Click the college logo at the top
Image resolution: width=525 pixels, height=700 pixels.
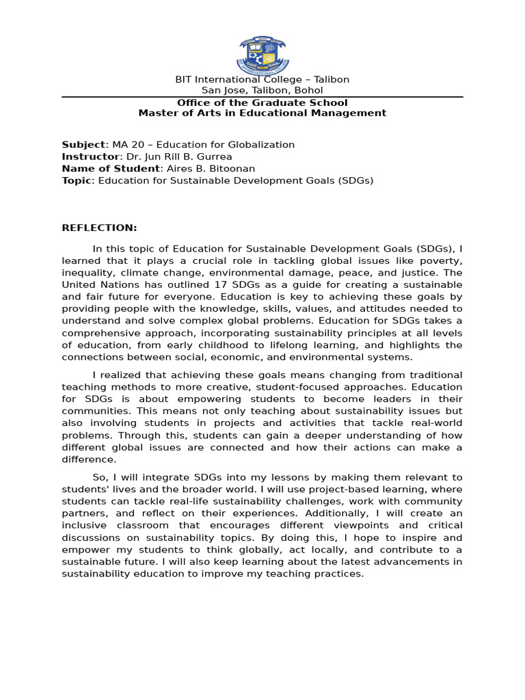point(262,55)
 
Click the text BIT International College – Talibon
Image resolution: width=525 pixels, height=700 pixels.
point(262,79)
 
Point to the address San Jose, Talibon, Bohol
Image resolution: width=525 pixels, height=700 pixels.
point(262,90)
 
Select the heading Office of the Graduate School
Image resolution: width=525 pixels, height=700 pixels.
point(262,103)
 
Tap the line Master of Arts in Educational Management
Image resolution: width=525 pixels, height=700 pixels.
point(262,113)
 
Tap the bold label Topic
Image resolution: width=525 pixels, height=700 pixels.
point(77,180)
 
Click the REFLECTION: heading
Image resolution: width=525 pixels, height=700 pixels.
point(100,228)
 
